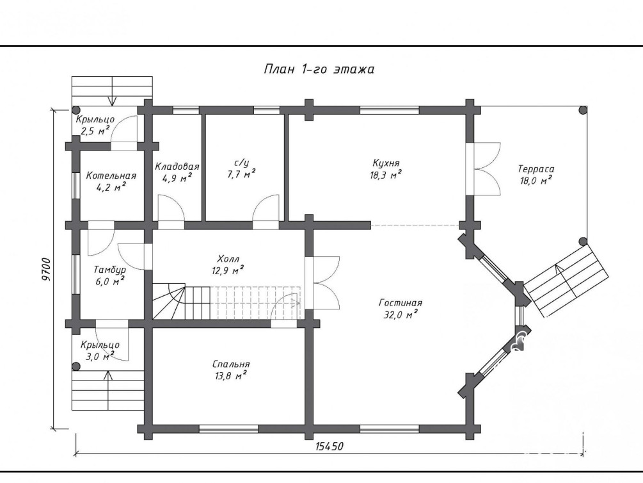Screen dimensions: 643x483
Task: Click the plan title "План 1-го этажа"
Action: click(x=319, y=69)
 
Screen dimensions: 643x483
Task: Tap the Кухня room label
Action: click(x=386, y=163)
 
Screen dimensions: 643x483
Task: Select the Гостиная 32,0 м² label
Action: click(x=401, y=309)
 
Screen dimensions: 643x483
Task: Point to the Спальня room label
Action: click(x=231, y=364)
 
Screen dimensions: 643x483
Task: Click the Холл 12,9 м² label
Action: click(x=229, y=265)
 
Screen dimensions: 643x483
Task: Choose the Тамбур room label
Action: click(x=109, y=270)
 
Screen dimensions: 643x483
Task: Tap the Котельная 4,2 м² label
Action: click(x=111, y=181)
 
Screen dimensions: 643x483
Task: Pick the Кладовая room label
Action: click(x=177, y=167)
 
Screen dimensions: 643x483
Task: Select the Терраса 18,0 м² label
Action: click(x=536, y=174)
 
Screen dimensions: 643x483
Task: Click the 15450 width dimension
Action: click(x=329, y=446)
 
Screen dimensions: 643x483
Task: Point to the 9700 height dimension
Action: click(x=46, y=269)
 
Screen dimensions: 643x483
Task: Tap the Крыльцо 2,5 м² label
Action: click(x=95, y=126)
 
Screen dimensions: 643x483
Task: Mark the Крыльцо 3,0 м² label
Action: click(x=100, y=350)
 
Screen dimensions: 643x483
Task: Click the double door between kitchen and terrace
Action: click(x=484, y=169)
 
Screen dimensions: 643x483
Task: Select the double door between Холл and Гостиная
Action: click(x=323, y=283)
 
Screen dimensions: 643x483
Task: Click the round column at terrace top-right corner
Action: click(x=583, y=110)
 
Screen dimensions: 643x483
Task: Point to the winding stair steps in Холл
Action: click(x=169, y=302)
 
